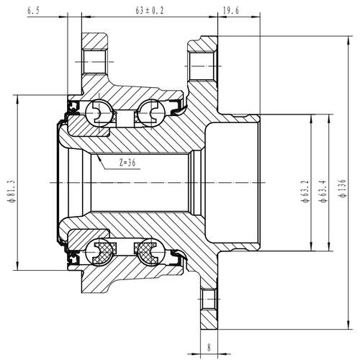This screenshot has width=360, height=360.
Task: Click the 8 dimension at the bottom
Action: (x=208, y=348)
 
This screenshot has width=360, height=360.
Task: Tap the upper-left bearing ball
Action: (x=97, y=111)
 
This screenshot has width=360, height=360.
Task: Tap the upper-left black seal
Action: (x=73, y=109)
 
